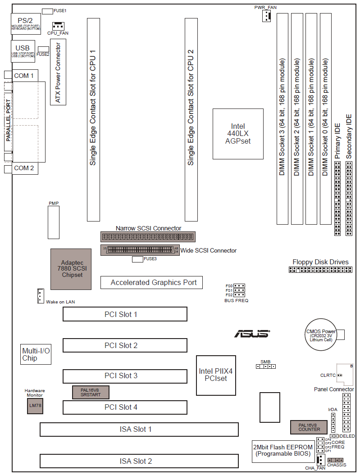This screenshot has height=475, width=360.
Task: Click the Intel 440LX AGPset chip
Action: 238,134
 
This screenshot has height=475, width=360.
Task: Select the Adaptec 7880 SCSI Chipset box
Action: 72,268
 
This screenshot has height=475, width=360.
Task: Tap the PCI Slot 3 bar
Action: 125,376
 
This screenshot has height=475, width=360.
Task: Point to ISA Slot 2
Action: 139,461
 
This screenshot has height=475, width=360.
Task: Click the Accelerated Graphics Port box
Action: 151,282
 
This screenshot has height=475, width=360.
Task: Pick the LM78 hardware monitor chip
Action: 34,405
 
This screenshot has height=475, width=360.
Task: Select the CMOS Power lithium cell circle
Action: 321,335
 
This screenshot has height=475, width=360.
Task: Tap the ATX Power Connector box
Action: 58,72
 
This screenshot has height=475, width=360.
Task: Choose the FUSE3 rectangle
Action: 137,259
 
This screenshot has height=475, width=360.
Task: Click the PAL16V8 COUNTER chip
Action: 309,427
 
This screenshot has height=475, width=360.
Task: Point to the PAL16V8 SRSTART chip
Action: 91,392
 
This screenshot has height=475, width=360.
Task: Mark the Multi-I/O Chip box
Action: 36,355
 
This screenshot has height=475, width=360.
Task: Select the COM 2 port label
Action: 24,168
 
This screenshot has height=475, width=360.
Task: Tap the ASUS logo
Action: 252,334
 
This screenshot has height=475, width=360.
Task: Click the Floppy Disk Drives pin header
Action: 320,270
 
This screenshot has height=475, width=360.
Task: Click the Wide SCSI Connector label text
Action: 209,250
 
